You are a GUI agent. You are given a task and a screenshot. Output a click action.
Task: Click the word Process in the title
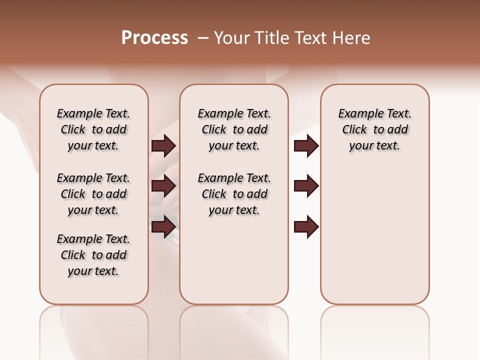click(154, 38)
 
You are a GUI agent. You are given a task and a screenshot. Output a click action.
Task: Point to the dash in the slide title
click(202, 38)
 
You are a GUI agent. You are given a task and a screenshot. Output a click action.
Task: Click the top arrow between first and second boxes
click(163, 145)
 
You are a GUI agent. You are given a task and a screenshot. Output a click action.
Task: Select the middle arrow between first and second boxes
click(163, 186)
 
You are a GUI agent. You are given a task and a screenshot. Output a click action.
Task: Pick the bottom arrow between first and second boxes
click(163, 226)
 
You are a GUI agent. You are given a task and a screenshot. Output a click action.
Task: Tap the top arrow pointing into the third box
click(306, 145)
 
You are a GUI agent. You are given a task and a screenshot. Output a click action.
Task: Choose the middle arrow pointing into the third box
click(306, 186)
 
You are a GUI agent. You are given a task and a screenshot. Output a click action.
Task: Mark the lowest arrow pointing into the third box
click(306, 226)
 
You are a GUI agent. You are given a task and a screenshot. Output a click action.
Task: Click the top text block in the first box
click(93, 129)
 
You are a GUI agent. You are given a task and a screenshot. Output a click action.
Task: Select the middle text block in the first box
click(93, 194)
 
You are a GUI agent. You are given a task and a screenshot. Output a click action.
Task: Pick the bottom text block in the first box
click(93, 255)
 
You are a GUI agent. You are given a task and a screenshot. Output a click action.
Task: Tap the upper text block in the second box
click(234, 129)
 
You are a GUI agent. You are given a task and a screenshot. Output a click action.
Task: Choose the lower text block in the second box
click(234, 194)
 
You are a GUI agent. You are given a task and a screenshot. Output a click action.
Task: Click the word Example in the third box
click(357, 114)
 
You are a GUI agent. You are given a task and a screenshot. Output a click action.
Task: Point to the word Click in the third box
click(354, 130)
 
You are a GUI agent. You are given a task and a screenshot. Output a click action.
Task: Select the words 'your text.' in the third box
click(374, 146)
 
